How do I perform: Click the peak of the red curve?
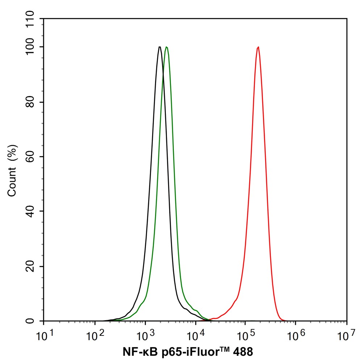coord(258,47)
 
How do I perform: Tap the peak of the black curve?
coord(159,47)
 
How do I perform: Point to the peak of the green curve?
coord(166,47)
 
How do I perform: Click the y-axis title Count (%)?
coord(12,170)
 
